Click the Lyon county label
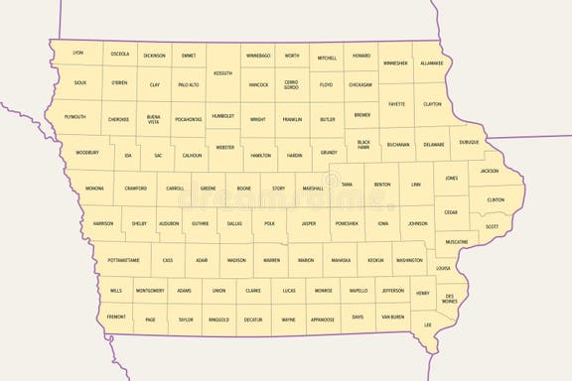[x=78, y=52]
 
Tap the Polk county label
[x=269, y=224]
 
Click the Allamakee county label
[x=431, y=63]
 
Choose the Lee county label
[x=428, y=324]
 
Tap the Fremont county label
[x=116, y=317]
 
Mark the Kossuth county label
[x=222, y=72]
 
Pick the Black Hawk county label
[x=363, y=145]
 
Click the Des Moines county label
[x=450, y=299]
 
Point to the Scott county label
[x=492, y=226]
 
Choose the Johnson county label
[x=418, y=223]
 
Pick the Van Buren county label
[x=392, y=317]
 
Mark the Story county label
[x=278, y=188]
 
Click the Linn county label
[x=416, y=185]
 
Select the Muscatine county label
[x=457, y=242]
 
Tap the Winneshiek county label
[x=395, y=63]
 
